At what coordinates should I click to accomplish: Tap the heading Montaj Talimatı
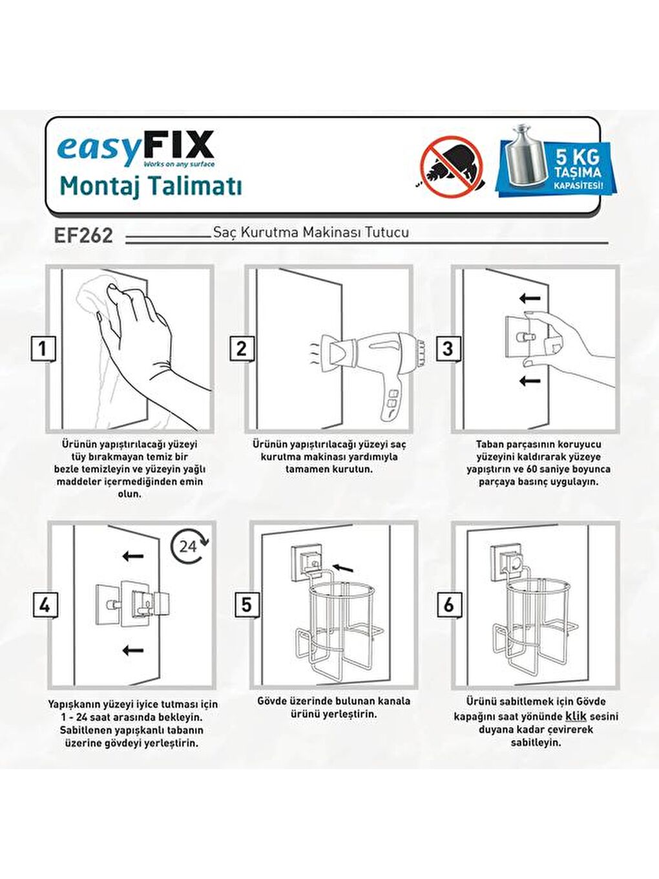151,186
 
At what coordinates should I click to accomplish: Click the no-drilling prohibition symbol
452,165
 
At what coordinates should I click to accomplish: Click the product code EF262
83,235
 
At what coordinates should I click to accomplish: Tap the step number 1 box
43,349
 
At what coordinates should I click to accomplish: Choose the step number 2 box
241,349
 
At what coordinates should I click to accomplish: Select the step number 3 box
448,349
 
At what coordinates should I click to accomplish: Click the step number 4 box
44,606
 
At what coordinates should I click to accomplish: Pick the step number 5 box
246,606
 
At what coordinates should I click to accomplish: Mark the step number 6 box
449,606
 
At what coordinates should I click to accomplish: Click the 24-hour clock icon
189,547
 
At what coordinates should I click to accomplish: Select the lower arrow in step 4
132,650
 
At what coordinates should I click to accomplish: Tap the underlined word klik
576,716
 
